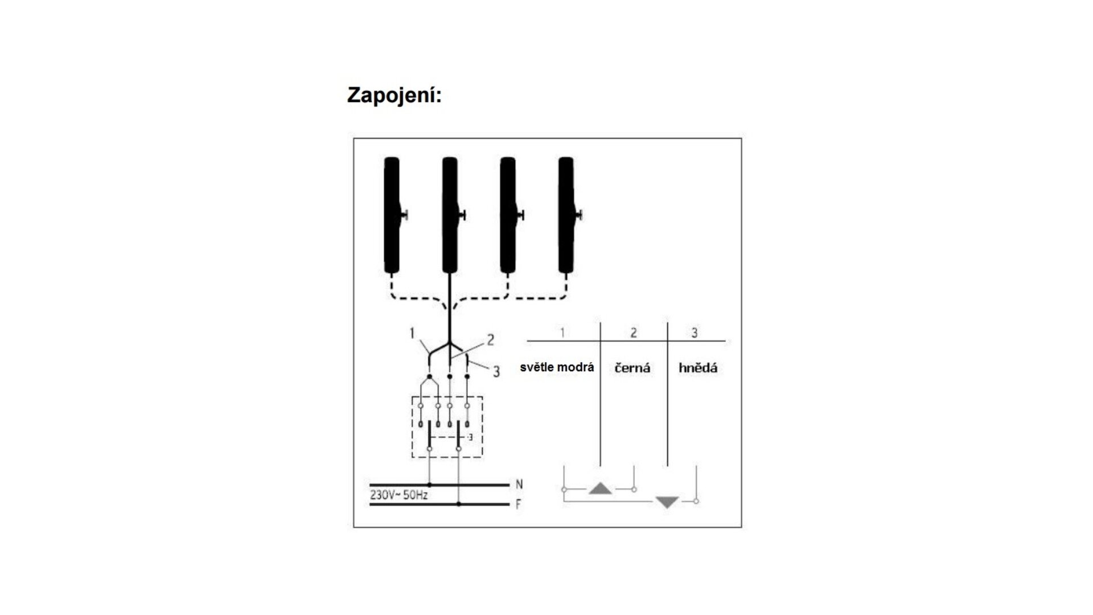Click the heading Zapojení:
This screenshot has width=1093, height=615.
(x=394, y=96)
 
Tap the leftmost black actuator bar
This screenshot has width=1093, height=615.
(x=392, y=215)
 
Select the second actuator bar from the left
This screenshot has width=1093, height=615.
(x=450, y=215)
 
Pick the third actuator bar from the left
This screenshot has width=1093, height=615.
(x=508, y=215)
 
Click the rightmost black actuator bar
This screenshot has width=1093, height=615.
(x=566, y=215)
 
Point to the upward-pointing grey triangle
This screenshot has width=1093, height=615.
(x=600, y=489)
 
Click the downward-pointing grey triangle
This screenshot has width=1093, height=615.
(x=667, y=502)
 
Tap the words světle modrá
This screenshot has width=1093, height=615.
(x=557, y=367)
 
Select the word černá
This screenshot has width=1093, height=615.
(x=632, y=368)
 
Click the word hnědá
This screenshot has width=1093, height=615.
(x=698, y=367)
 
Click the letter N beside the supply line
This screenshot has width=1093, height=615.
(x=519, y=485)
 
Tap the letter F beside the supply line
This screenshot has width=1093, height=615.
(x=519, y=505)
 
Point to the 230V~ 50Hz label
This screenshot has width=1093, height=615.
(x=399, y=495)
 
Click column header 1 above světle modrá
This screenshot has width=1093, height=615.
(x=562, y=332)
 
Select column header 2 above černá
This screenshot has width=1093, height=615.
(x=634, y=333)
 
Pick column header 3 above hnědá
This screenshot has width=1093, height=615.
(x=695, y=333)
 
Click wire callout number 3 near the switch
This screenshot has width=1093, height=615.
(x=496, y=372)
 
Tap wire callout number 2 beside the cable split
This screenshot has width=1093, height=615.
(x=490, y=341)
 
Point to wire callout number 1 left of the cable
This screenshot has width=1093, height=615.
(x=412, y=333)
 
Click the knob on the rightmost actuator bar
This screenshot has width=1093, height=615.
(x=580, y=215)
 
